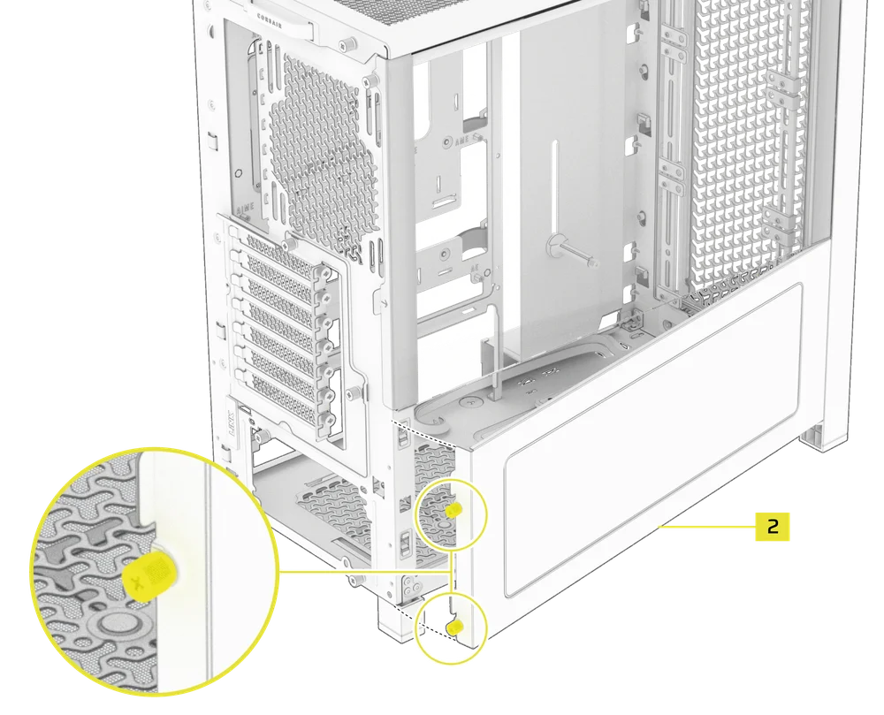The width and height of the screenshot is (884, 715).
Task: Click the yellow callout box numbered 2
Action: (x=772, y=526)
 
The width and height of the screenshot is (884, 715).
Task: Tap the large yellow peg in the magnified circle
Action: (x=148, y=574)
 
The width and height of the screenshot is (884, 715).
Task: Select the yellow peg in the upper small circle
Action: (x=453, y=511)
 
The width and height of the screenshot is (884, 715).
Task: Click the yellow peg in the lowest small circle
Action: (x=455, y=626)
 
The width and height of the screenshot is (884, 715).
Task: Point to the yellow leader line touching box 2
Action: (x=707, y=526)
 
